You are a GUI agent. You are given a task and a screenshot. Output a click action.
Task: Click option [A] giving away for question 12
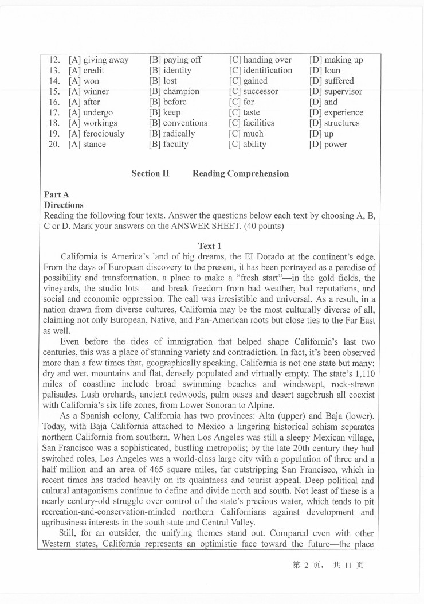[98, 60]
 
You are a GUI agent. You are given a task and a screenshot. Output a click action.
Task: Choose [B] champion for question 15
[174, 92]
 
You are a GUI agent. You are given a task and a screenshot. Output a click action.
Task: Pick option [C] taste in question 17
[244, 112]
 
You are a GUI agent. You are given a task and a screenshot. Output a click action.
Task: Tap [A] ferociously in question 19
[96, 134]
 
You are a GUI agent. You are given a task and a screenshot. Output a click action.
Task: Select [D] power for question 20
[328, 145]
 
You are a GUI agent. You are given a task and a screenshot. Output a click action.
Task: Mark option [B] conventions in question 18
[178, 123]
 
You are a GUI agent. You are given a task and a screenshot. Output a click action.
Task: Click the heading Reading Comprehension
[241, 173]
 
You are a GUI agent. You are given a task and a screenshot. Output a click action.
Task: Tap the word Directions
[64, 205]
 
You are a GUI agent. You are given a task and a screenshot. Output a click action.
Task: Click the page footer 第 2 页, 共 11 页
[328, 565]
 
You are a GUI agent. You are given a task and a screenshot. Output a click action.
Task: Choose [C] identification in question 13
[261, 71]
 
